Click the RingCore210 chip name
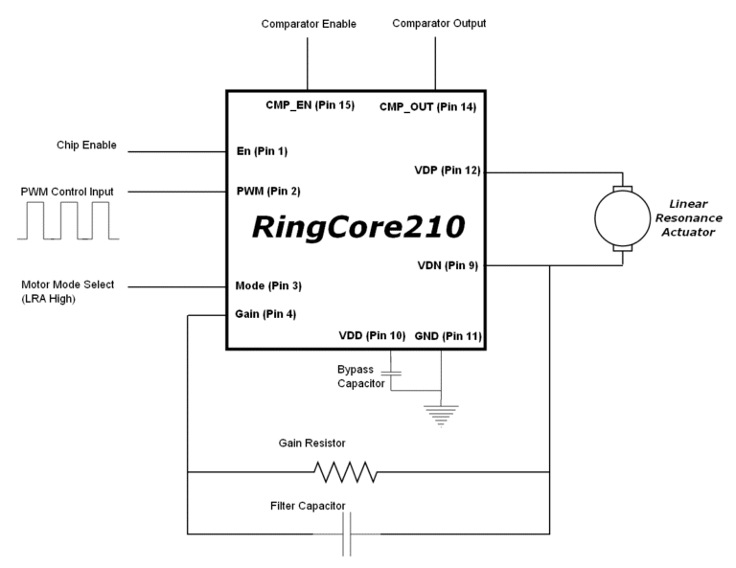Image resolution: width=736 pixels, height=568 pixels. click(x=357, y=227)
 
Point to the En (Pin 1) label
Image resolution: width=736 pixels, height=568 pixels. click(x=261, y=151)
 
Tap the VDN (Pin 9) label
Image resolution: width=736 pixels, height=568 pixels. click(x=448, y=266)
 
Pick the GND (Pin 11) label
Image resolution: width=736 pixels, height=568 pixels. click(x=448, y=337)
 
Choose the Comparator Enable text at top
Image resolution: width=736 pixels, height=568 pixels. click(x=308, y=23)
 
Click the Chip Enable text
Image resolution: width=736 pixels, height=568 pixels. click(x=85, y=146)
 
